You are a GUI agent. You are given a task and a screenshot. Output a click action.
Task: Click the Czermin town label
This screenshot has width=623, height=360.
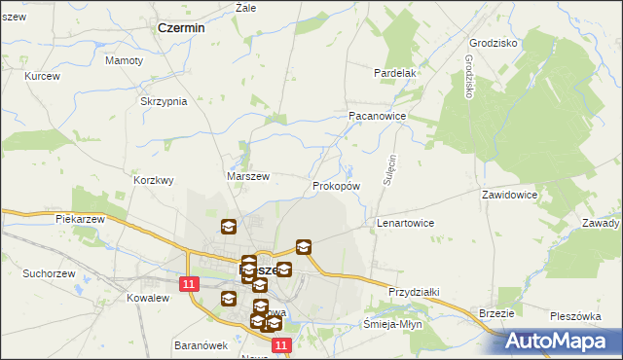pyautogui.click(x=181, y=28)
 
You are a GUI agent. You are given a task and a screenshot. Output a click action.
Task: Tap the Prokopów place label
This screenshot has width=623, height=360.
pyautogui.click(x=337, y=185)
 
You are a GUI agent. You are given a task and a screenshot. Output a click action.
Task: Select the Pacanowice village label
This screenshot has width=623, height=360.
pyautogui.click(x=377, y=115)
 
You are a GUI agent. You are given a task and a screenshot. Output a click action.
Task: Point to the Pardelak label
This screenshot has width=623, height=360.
pyautogui.click(x=396, y=73)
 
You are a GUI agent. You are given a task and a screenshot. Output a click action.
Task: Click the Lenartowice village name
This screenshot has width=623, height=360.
pyautogui.click(x=405, y=223)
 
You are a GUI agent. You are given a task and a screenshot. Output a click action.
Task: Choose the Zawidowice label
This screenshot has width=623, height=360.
pyautogui.click(x=509, y=195)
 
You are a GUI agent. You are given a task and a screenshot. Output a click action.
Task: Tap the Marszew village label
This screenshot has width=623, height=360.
pyautogui.click(x=247, y=176)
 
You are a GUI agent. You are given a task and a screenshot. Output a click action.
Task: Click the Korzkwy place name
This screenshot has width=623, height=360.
pyautogui.click(x=153, y=180)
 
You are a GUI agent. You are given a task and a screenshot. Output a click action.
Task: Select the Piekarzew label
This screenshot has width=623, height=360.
pyautogui.click(x=80, y=220)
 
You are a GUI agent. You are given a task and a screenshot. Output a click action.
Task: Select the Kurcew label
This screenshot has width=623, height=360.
pyautogui.click(x=43, y=76)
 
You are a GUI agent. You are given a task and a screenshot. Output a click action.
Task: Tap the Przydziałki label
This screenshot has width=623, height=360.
pyautogui.click(x=416, y=291)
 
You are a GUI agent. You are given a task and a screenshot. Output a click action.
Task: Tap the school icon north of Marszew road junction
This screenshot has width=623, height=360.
pyautogui.click(x=228, y=228)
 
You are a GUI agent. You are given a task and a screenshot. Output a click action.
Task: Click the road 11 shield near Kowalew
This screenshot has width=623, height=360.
pyautogui.click(x=190, y=283)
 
